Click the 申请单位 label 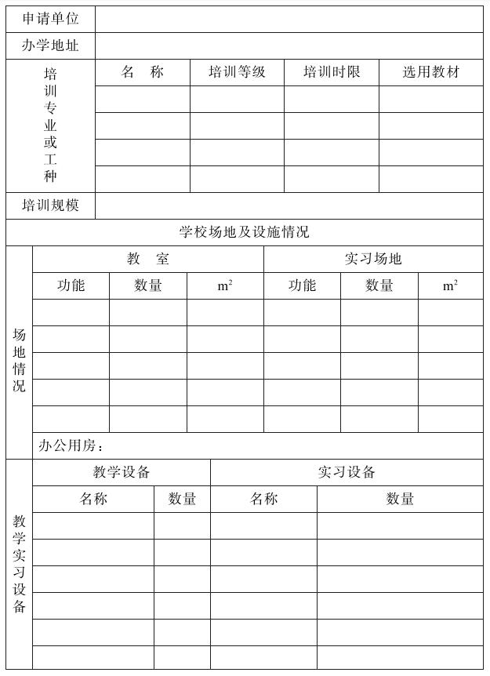click(50, 19)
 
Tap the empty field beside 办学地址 click(289, 45)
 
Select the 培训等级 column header click(237, 72)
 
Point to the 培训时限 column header click(332, 72)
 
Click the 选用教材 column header click(431, 72)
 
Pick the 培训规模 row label click(50, 205)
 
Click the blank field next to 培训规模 click(289, 205)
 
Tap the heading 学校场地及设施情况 click(244, 232)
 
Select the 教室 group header click(148, 259)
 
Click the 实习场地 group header click(373, 259)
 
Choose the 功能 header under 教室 click(71, 285)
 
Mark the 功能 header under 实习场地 click(302, 285)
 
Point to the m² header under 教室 click(225, 286)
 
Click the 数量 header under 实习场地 click(379, 285)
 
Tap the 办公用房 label click(71, 445)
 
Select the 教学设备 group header click(122, 472)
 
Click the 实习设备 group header click(347, 472)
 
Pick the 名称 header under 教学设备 click(93, 499)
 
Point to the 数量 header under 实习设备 click(400, 499)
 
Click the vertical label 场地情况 click(19, 360)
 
